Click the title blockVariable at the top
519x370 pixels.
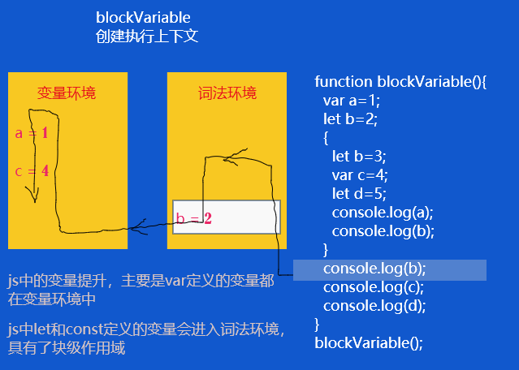pos(143,17)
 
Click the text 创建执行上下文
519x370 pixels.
pos(147,37)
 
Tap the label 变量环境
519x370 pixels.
pos(67,93)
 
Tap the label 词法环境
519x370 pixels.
pos(227,93)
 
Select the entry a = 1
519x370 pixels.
pos(32,133)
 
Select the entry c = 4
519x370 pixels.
pos(32,171)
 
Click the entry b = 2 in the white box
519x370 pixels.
pos(193,218)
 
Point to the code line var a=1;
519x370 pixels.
pos(352,101)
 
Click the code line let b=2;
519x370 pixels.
pos(350,119)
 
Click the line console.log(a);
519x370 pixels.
pos(383,213)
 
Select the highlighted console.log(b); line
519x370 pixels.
pos(374,269)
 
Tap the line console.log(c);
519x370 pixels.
pos(374,287)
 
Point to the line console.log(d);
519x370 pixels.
pos(374,306)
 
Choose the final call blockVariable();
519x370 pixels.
pos(370,342)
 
